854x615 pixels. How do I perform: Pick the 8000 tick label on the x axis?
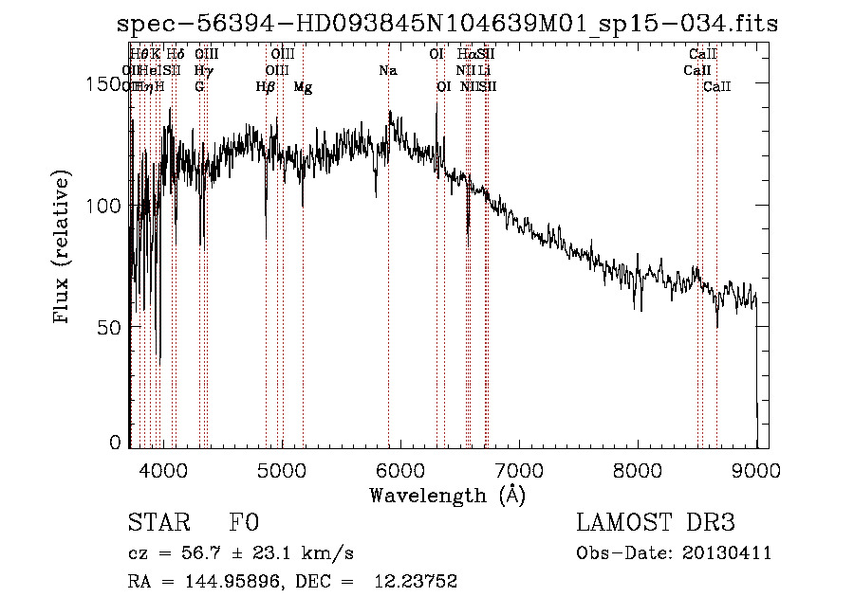click(637, 469)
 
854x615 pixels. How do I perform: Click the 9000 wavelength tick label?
click(755, 469)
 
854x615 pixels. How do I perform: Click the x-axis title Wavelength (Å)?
click(447, 495)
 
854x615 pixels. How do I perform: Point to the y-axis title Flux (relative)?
click(63, 248)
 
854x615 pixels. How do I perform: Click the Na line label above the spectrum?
click(387, 71)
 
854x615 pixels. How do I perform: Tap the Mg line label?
click(303, 87)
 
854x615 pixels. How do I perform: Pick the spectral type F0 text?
click(243, 523)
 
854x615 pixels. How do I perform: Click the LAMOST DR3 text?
click(656, 523)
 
